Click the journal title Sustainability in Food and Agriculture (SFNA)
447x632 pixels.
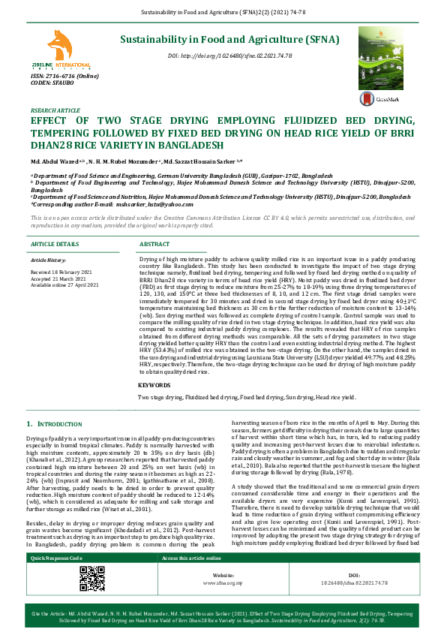click(229, 40)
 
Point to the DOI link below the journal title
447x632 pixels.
click(229, 56)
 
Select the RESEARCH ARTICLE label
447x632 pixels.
click(54, 110)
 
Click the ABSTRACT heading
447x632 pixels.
click(154, 245)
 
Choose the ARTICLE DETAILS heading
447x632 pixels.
click(54, 245)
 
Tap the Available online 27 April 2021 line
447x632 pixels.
click(64, 285)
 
